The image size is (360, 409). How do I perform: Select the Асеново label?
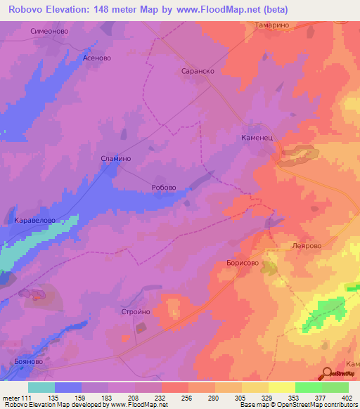click(98, 59)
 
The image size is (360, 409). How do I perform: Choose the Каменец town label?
click(262, 138)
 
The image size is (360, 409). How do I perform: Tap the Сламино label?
click(116, 159)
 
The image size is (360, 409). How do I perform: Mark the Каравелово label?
click(39, 220)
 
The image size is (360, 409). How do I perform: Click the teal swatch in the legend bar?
click(41, 387)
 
